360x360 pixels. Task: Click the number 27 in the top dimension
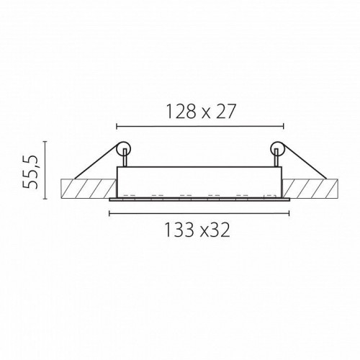click(225, 111)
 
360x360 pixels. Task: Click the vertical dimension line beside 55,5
click(45, 170)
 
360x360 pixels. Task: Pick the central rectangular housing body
click(199, 181)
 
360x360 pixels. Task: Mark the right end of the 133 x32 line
click(290, 212)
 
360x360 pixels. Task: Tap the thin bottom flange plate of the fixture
click(199, 199)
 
